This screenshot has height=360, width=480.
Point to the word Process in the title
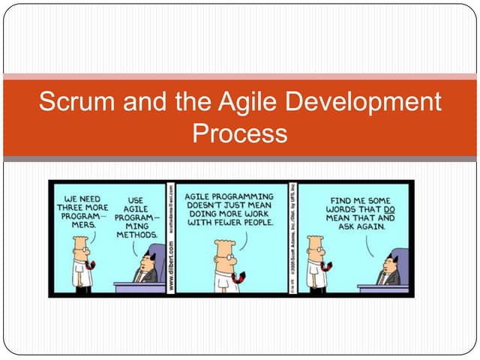pyautogui.click(x=240, y=133)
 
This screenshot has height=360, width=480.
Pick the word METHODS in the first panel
pyautogui.click(x=136, y=235)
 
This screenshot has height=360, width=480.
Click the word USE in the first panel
pyautogui.click(x=136, y=199)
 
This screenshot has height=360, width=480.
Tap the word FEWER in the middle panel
pyautogui.click(x=228, y=223)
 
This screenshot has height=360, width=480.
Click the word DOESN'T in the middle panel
pyautogui.click(x=210, y=205)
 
